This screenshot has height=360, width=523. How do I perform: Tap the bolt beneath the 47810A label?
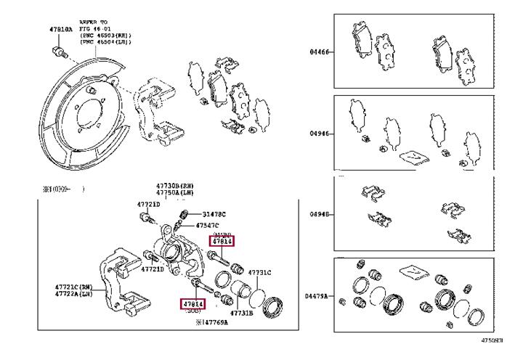60,52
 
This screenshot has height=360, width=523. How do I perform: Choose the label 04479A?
317,296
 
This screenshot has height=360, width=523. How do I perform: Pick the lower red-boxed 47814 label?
193,303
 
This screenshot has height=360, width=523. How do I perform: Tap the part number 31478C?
214,214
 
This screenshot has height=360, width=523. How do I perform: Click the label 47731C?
259,272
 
